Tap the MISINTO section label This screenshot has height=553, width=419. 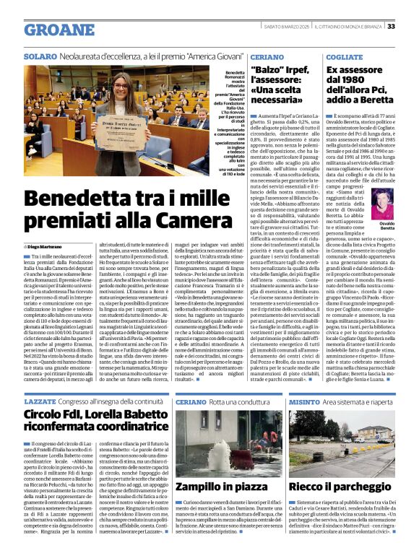305,399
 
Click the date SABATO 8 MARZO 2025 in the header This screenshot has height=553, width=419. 282,27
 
